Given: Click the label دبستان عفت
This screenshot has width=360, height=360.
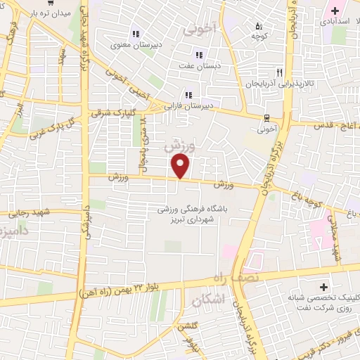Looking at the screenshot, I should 199,66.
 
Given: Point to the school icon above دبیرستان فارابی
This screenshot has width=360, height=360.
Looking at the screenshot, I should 188,95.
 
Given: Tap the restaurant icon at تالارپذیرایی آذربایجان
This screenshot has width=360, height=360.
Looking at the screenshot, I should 279,72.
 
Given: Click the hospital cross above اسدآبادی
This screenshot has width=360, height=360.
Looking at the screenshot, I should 335,11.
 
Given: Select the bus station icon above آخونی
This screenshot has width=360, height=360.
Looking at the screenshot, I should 266,117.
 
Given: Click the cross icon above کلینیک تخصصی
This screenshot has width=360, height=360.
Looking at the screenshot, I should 323,287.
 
